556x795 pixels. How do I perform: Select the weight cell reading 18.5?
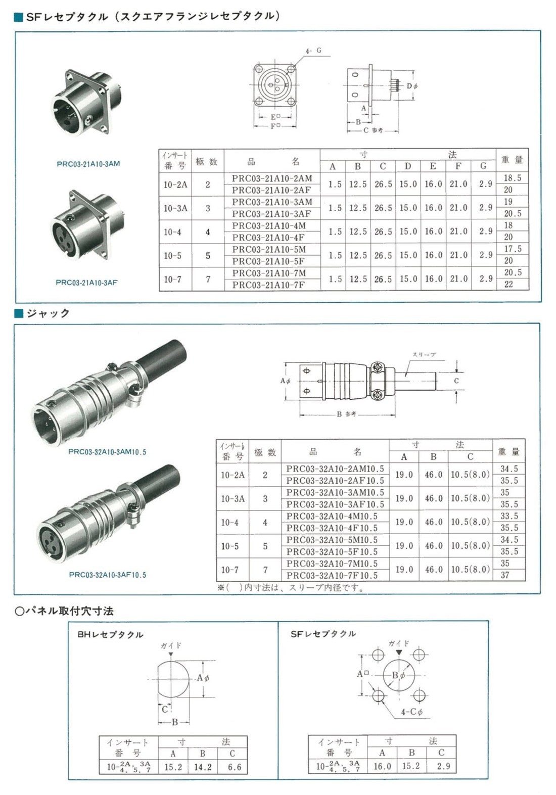click(x=512, y=178)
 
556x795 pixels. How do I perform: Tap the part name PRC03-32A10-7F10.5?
click(x=332, y=575)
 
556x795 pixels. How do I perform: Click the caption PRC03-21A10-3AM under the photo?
click(x=88, y=164)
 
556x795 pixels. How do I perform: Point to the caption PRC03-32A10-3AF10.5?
click(x=107, y=575)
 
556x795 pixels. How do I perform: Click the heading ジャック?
click(x=48, y=313)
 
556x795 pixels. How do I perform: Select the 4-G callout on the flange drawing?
click(x=313, y=51)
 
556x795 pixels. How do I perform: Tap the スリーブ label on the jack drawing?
click(x=424, y=355)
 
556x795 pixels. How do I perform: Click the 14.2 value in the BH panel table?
click(x=203, y=767)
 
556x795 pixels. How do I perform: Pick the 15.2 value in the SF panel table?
click(x=410, y=766)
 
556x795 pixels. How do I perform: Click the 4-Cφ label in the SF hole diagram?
click(x=411, y=712)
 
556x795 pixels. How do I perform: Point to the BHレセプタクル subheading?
click(x=110, y=634)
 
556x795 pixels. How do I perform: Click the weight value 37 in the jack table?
click(x=505, y=575)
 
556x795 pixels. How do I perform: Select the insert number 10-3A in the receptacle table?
click(x=175, y=208)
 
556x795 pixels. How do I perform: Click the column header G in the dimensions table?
click(x=483, y=166)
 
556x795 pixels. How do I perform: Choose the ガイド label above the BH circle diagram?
click(x=171, y=645)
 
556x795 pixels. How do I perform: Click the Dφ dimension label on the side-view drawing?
click(x=412, y=86)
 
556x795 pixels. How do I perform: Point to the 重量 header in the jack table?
click(x=508, y=451)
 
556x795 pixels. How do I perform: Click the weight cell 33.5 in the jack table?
click(x=509, y=516)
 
